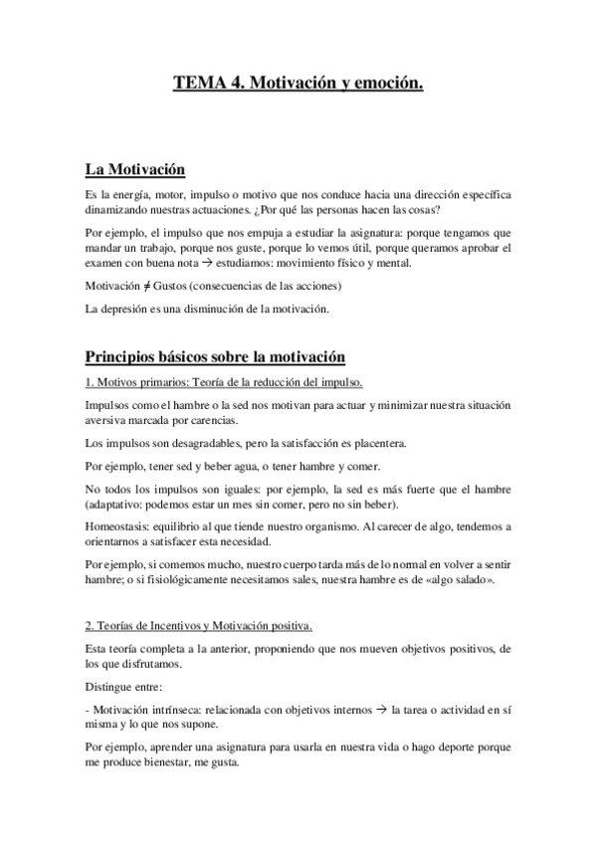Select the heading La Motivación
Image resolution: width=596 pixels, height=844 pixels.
click(134, 170)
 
